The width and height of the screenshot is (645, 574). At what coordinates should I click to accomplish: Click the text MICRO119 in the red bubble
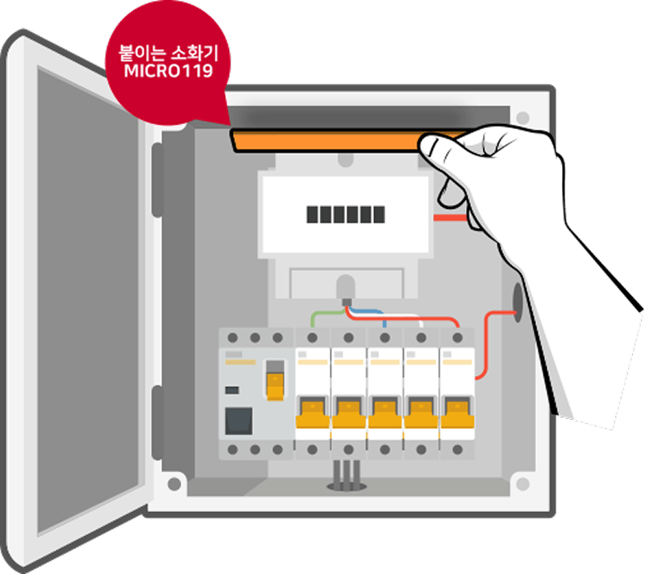169,71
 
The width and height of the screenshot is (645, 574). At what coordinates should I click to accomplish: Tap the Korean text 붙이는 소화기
168,52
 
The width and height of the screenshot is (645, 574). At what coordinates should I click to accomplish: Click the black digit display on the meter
346,214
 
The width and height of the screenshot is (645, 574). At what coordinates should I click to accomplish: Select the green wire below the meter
327,317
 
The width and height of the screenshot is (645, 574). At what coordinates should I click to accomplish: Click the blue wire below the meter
368,315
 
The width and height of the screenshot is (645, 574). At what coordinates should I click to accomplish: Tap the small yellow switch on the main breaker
275,386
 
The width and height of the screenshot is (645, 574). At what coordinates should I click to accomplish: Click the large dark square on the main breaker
239,421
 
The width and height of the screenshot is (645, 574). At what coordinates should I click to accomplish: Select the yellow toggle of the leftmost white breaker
313,413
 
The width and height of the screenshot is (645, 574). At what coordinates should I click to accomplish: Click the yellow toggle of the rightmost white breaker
457,413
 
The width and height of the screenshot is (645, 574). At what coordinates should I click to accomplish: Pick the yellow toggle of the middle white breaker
385,413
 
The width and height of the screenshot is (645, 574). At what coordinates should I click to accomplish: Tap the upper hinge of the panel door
157,180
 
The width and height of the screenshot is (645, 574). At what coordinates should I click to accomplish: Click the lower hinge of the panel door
157,422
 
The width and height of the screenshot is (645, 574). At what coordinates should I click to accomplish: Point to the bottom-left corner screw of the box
174,484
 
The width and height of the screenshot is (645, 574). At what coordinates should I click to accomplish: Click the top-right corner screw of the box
522,118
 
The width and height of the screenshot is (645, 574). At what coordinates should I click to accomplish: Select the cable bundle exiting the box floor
347,476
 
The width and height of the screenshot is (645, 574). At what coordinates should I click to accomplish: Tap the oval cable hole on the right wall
518,302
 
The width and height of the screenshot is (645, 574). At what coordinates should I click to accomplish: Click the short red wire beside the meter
451,218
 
